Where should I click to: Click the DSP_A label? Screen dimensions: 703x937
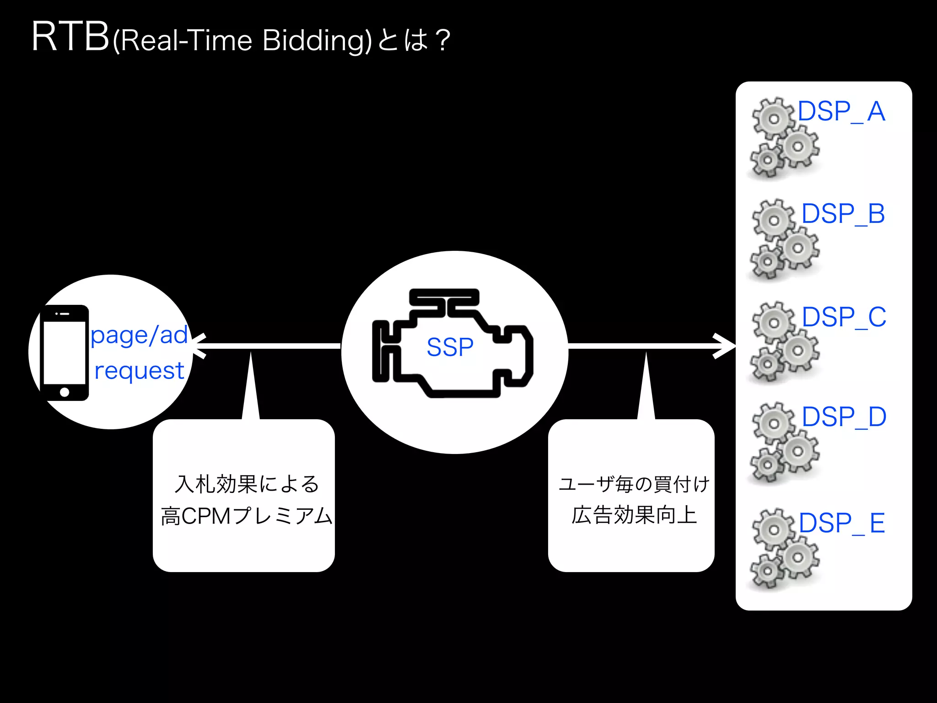(x=841, y=111)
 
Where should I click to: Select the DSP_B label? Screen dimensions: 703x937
(x=843, y=214)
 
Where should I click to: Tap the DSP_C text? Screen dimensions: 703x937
(x=844, y=317)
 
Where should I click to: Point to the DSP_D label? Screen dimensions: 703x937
(x=844, y=417)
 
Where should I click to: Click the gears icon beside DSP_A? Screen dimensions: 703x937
(x=784, y=137)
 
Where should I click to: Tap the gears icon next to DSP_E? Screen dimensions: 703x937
(x=784, y=548)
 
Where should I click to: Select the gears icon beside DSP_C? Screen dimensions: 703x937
(x=784, y=341)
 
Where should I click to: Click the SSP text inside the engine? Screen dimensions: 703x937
(x=450, y=347)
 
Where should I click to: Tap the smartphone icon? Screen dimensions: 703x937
(x=65, y=352)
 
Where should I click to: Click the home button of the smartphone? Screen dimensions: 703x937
(x=65, y=392)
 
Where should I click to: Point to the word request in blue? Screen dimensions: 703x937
(x=139, y=370)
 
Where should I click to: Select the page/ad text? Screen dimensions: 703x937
(x=139, y=335)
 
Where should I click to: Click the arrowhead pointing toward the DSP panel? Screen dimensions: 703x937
(x=727, y=346)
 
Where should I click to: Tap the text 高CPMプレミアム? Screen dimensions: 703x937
(x=246, y=516)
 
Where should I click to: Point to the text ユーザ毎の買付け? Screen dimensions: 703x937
(x=634, y=484)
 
